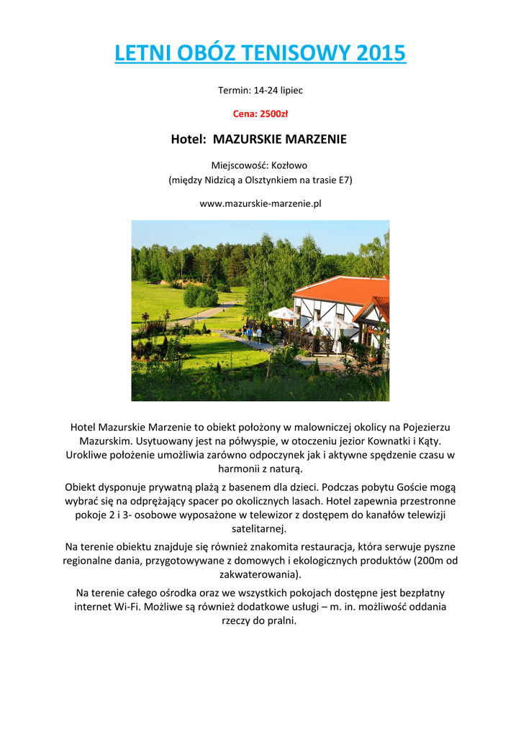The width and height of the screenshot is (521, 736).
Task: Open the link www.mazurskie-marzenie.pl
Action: coord(260,203)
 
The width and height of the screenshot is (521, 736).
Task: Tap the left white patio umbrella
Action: coord(284,313)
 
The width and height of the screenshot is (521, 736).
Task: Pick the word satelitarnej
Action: coord(260,529)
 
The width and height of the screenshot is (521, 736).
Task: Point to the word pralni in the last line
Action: coord(281,620)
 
